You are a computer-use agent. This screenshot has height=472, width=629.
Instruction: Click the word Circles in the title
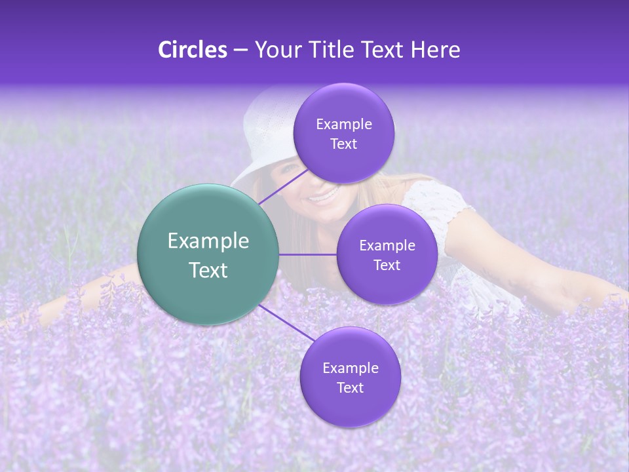point(192,50)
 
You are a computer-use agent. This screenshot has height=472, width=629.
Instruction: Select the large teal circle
point(208,254)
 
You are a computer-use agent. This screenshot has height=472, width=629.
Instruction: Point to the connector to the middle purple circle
point(307,254)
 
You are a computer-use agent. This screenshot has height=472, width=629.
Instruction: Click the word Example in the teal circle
point(208,241)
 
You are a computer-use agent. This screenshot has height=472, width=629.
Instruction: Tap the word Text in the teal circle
point(208,270)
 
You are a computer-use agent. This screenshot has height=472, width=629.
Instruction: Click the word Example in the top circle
point(343,125)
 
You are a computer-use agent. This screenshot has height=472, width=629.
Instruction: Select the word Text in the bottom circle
point(350,387)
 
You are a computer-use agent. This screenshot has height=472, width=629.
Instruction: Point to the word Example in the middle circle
point(387,246)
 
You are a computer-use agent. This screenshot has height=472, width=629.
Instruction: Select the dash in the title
point(240,50)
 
